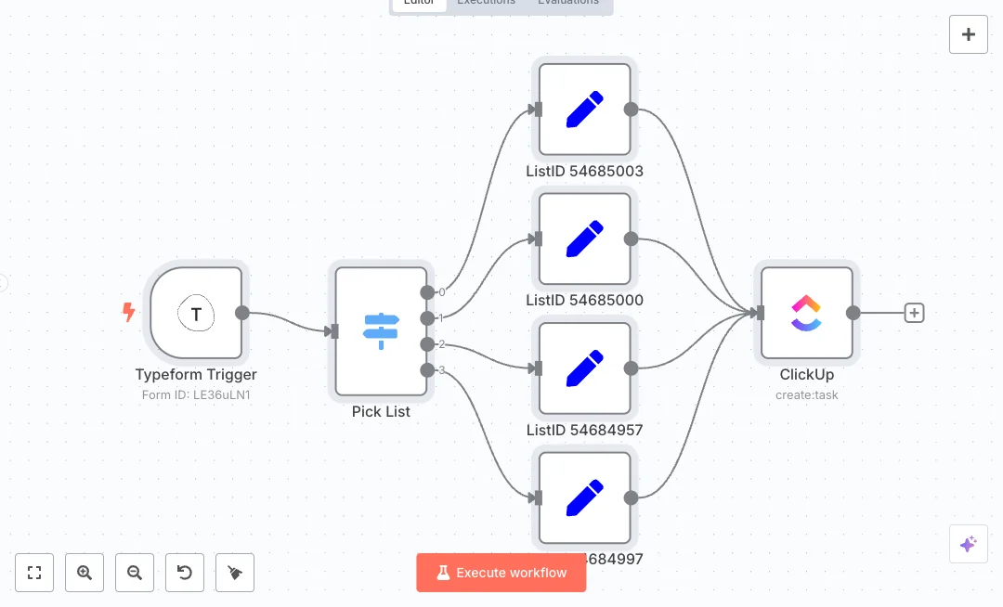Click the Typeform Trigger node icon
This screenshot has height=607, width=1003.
(x=196, y=314)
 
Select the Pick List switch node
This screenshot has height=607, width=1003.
(x=381, y=331)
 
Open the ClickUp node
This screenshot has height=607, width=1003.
(x=806, y=314)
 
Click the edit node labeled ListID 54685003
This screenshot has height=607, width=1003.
(x=584, y=110)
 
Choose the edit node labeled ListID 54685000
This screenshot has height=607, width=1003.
(x=584, y=239)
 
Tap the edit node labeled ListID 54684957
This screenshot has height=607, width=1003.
(x=584, y=368)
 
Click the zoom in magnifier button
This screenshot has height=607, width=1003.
(x=85, y=573)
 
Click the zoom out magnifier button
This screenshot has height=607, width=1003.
(x=135, y=573)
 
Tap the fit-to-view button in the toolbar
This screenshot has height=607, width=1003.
(x=34, y=573)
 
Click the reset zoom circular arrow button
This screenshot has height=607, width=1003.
(x=185, y=573)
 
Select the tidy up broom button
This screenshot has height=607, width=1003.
(x=235, y=573)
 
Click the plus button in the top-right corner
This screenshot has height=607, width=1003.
(x=968, y=34)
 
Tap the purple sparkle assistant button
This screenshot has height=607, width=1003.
(x=968, y=544)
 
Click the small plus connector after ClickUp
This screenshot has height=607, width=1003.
(x=914, y=313)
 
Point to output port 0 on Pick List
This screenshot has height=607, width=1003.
(x=427, y=292)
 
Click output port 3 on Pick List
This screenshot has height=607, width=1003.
(x=427, y=370)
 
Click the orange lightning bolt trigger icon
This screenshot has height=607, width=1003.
(x=129, y=313)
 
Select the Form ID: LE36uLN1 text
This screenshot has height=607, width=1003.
(x=196, y=394)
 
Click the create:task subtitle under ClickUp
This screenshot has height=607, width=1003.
(x=806, y=394)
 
